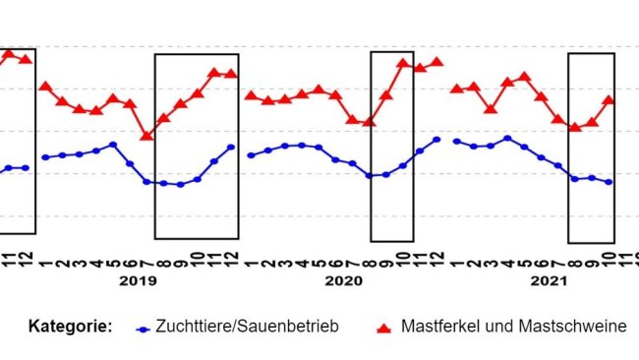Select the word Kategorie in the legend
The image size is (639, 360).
[70, 327]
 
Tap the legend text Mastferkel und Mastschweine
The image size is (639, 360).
[513, 327]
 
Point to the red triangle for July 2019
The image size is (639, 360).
[146, 136]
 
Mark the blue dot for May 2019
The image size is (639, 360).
[113, 145]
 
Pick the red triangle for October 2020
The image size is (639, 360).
[403, 63]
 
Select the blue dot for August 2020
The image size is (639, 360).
[369, 176]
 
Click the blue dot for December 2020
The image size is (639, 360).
[436, 140]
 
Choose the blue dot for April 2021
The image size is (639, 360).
[507, 139]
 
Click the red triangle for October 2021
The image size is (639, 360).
[609, 99]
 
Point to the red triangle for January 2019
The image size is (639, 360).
[45, 87]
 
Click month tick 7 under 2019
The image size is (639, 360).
[146, 258]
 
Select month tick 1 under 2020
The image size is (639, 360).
[251, 258]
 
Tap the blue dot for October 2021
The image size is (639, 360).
[610, 182]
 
